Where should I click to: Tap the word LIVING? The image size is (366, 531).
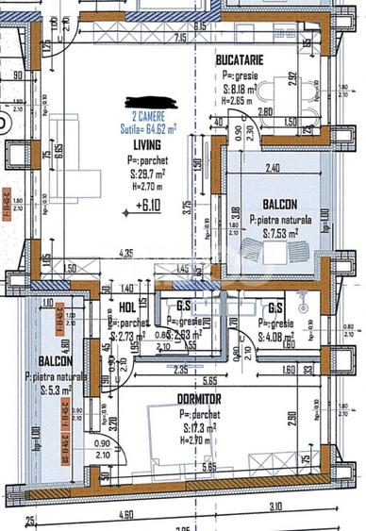146,146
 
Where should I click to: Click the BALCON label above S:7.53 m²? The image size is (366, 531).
280,204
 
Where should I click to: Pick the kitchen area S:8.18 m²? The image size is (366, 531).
241,86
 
